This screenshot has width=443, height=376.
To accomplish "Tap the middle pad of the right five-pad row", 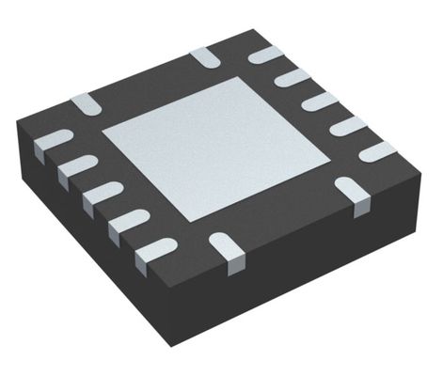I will [321, 102].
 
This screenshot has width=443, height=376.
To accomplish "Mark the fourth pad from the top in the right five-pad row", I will [348, 126].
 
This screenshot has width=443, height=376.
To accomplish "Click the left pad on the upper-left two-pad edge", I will [86, 103].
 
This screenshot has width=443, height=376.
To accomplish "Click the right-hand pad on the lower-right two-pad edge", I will [353, 190].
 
